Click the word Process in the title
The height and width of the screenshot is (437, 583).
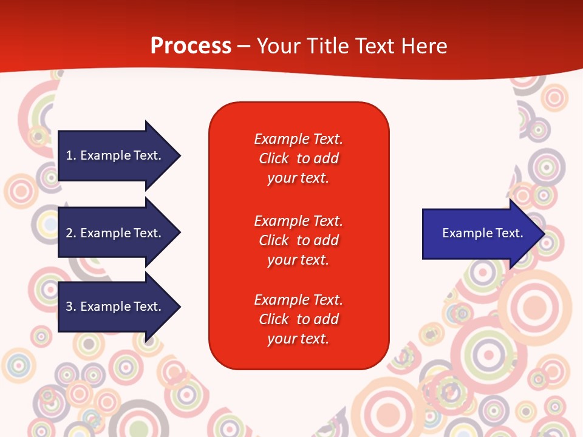point(191,46)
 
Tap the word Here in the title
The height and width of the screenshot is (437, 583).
point(424,46)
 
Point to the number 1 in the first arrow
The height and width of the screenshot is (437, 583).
point(69,155)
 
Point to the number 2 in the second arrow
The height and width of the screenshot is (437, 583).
point(69,233)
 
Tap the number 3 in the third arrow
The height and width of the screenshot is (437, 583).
point(69,306)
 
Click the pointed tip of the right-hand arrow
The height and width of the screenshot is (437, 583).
point(545,234)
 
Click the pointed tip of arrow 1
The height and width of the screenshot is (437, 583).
point(181,156)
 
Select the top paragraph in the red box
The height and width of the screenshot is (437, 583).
point(299,158)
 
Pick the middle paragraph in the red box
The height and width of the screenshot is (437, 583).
point(299,240)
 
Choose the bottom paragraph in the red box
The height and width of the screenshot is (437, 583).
point(299,319)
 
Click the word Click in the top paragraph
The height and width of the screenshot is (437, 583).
point(274,158)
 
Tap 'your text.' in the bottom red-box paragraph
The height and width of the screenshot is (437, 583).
point(298,339)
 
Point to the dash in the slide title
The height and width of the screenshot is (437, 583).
point(244,47)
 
